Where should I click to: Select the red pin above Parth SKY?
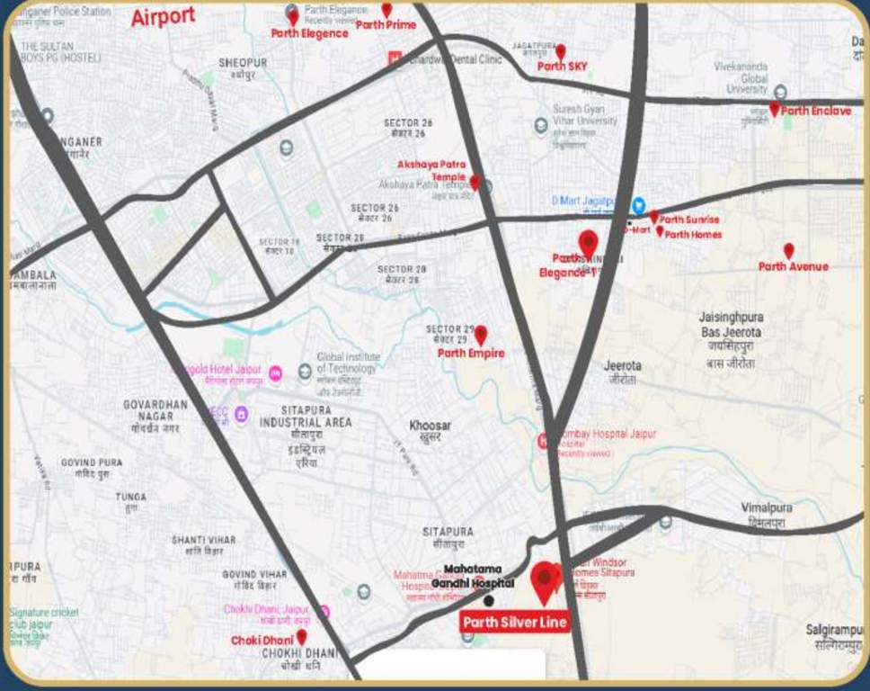560,51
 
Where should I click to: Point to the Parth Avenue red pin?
788,251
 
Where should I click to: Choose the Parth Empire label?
471,354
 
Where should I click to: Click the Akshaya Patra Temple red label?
432,170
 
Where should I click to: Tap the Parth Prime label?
386,25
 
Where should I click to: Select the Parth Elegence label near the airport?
309,33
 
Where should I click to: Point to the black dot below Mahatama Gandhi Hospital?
488,600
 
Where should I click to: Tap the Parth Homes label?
693,235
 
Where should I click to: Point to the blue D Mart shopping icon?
638,204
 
